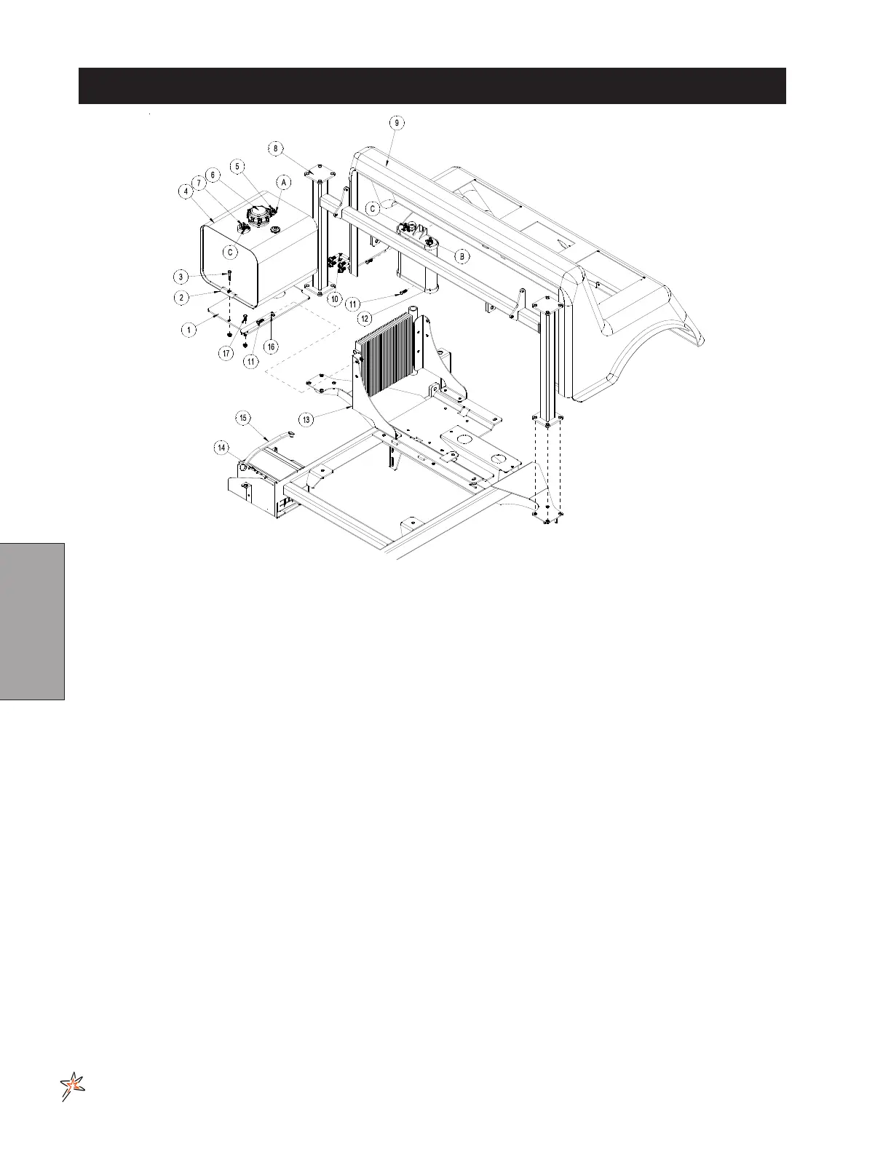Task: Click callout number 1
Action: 189,330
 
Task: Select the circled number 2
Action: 184,297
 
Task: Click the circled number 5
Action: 237,166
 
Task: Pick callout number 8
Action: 275,148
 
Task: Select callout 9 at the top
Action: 396,123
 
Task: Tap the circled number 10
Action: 334,299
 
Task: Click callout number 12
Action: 365,318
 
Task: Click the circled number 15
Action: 243,418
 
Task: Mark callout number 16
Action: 270,347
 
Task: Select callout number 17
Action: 227,353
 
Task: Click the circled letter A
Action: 284,182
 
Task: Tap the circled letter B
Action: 463,256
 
